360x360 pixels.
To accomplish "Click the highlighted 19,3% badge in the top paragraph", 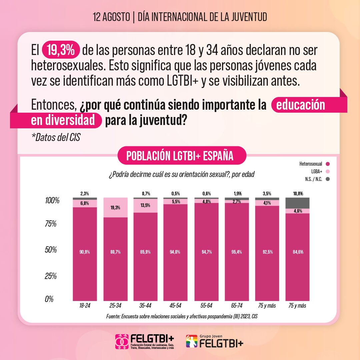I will (61, 50).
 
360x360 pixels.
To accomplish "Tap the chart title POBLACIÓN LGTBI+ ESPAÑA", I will (180, 156).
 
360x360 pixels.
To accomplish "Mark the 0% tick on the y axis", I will (50, 299).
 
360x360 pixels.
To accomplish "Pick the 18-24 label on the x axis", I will (85, 306).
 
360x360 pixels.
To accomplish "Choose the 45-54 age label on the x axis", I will (175, 306).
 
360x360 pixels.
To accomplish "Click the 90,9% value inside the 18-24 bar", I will (85, 252).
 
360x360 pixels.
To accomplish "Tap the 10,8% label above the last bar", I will (297, 193).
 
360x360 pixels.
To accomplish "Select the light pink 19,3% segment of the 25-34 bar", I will (115, 207).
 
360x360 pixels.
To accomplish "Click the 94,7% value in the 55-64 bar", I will (206, 252).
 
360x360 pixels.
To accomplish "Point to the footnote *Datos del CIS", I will (56, 137).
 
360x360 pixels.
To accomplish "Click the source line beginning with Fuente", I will (182, 316).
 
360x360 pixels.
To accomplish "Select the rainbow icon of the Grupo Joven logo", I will (192, 341).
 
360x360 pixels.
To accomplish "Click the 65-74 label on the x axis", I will (236, 306).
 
